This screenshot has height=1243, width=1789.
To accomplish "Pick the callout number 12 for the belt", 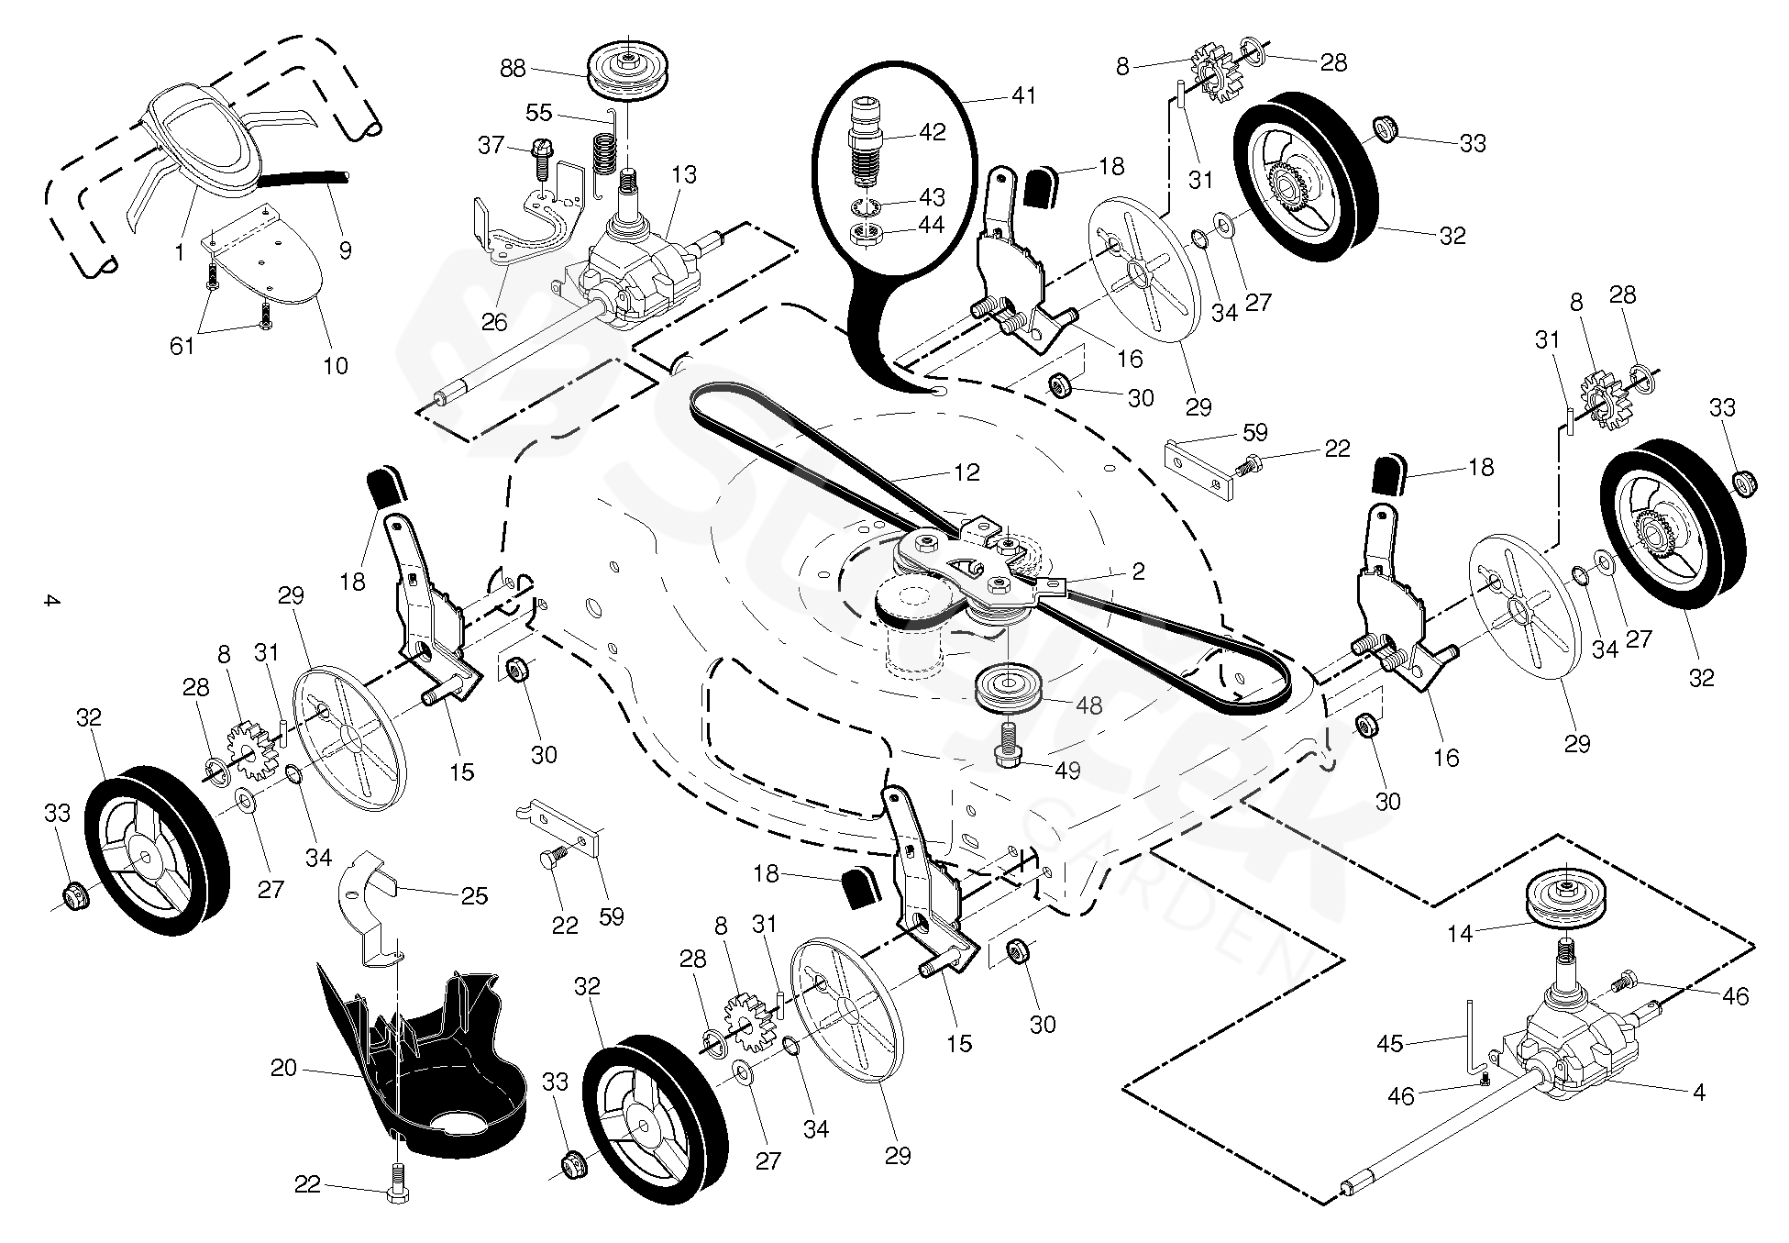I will pyautogui.click(x=966, y=472).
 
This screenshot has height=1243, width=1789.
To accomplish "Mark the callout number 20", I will pyautogui.click(x=283, y=1068).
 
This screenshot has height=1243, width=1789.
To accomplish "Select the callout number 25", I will pyautogui.click(x=474, y=895).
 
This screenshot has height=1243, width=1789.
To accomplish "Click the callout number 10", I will pyautogui.click(x=336, y=365).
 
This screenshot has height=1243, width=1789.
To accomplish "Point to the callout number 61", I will pyautogui.click(x=182, y=345).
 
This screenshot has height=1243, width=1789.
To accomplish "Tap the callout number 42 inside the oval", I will pyautogui.click(x=932, y=132).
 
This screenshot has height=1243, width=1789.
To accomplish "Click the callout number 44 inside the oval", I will pyautogui.click(x=931, y=227).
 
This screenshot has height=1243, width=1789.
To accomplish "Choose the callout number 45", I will pyautogui.click(x=1390, y=1044).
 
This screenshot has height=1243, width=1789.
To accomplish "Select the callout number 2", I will pyautogui.click(x=1138, y=572).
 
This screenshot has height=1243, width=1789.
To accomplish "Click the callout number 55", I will pyautogui.click(x=539, y=112).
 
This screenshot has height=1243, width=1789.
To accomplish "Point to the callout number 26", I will pyautogui.click(x=494, y=322).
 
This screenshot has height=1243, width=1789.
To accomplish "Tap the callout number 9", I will pyautogui.click(x=345, y=250).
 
